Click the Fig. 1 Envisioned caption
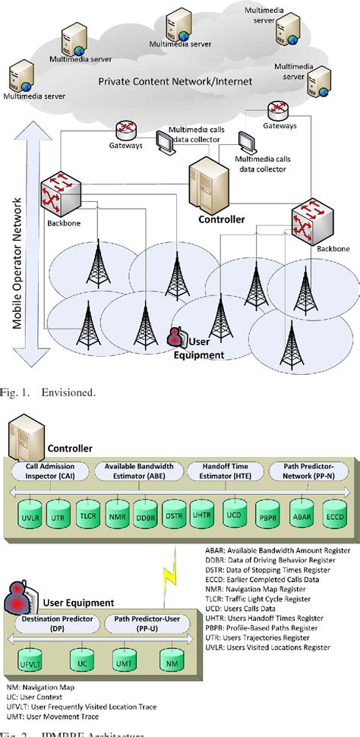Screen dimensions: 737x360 click(53, 392)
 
